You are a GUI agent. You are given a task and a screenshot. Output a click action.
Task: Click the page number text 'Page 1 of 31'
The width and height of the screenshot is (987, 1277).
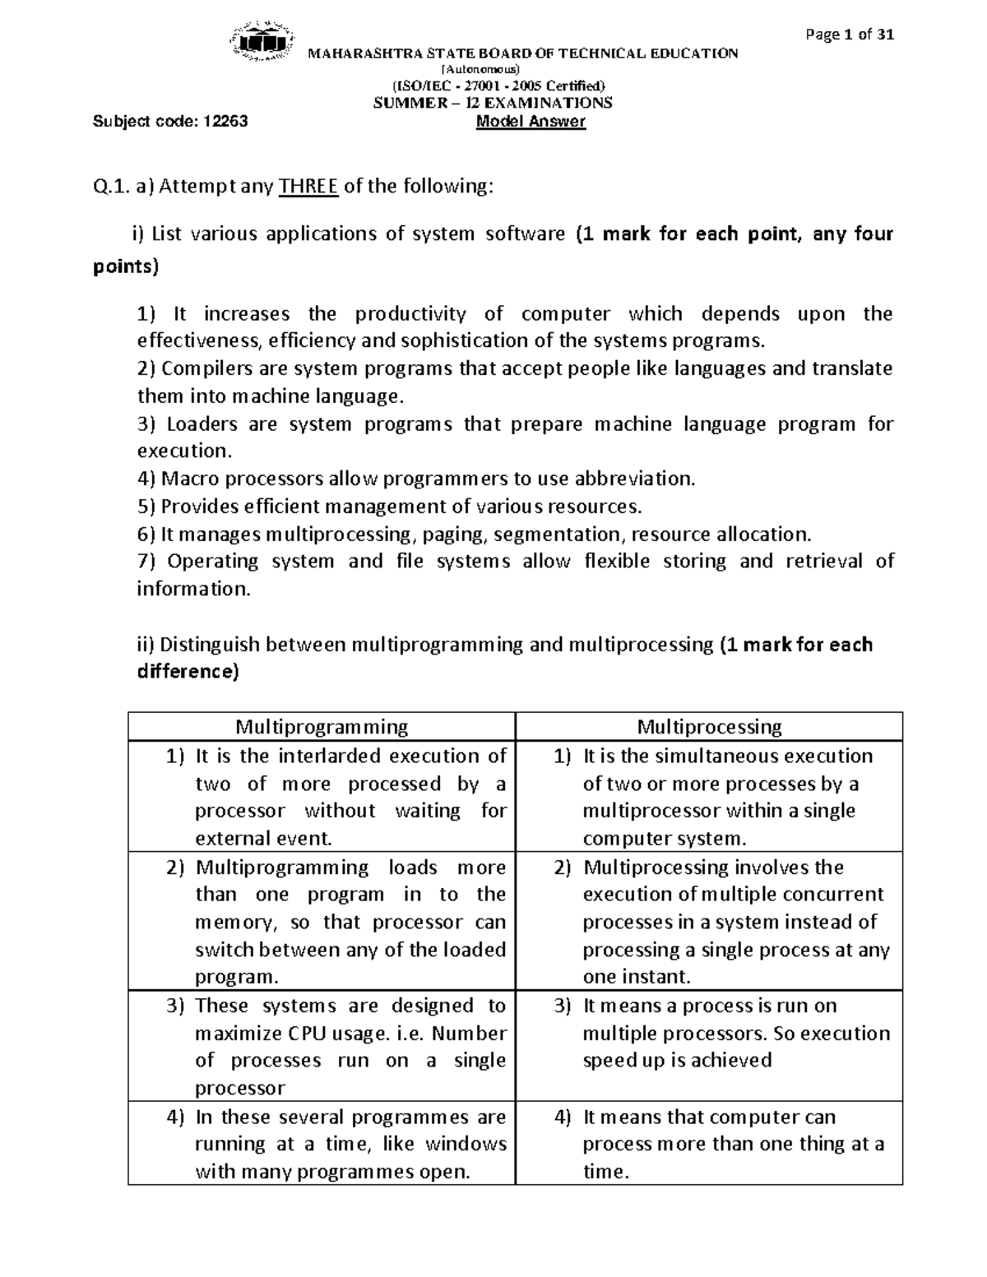(850, 35)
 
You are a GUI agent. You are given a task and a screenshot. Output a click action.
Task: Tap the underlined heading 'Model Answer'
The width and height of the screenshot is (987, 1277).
(531, 122)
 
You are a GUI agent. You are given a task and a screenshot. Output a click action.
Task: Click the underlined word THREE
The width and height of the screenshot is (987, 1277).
(308, 187)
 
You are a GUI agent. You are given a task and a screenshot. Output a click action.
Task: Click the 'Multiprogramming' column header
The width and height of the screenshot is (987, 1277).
(322, 727)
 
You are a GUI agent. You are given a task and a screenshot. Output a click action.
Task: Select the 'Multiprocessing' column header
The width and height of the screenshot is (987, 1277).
(709, 727)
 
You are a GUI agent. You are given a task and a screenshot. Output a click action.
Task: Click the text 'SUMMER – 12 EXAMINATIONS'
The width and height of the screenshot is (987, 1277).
(493, 103)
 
